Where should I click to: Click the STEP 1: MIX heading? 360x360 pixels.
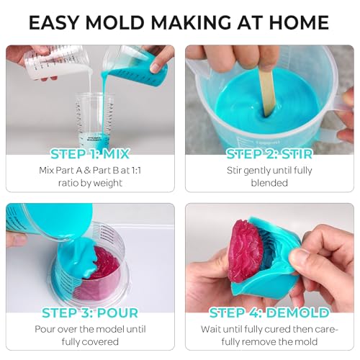click(x=90, y=154)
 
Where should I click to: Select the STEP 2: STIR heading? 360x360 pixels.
click(x=269, y=154)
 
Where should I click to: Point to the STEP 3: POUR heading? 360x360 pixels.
click(x=90, y=313)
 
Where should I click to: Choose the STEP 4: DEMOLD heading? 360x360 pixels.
click(x=269, y=313)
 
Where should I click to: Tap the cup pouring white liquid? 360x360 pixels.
click(x=58, y=63)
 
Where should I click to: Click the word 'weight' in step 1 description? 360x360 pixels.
click(x=108, y=184)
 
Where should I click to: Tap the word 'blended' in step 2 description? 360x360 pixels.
click(x=269, y=183)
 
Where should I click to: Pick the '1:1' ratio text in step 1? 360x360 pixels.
click(x=132, y=171)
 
